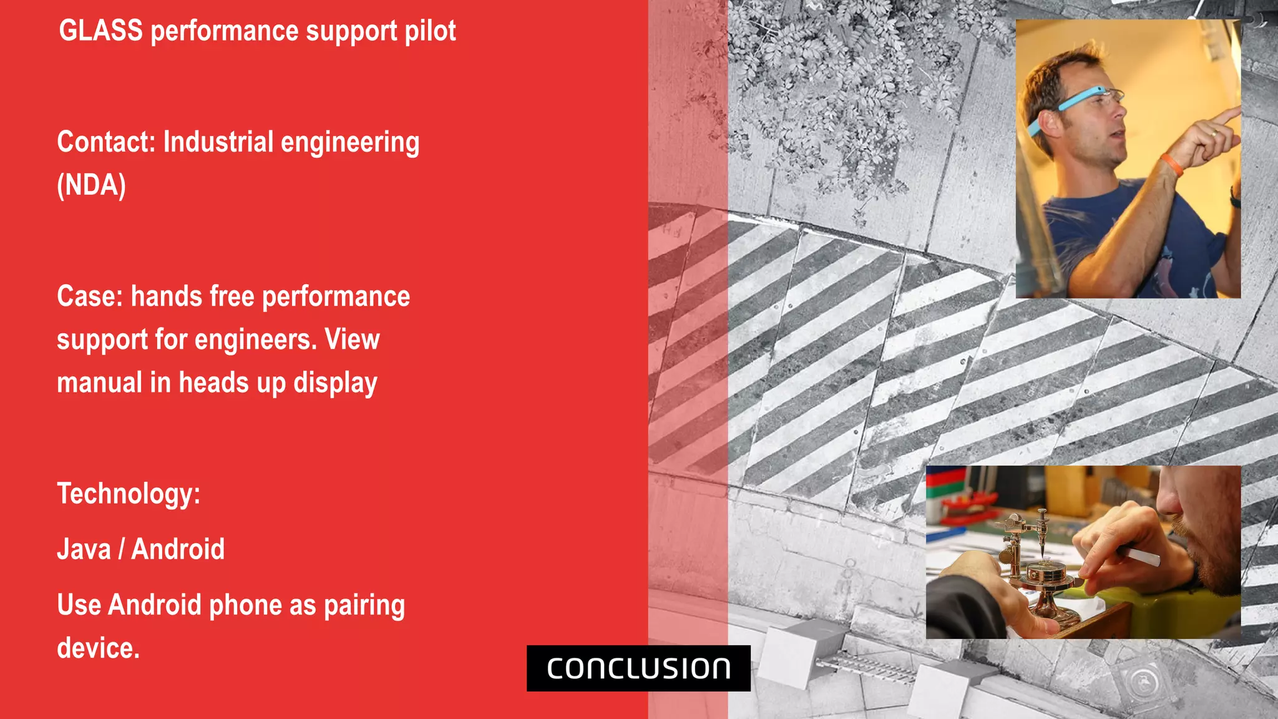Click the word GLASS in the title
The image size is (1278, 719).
coord(100,31)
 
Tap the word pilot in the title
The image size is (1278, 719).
coord(430,31)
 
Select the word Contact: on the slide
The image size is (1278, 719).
coord(105,142)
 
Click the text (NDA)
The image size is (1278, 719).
coord(91,185)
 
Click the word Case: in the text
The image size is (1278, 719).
coord(90,296)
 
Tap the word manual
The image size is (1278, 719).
coord(99,383)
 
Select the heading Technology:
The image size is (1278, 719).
coord(129,494)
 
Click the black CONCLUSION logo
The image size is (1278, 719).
coord(638,668)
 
